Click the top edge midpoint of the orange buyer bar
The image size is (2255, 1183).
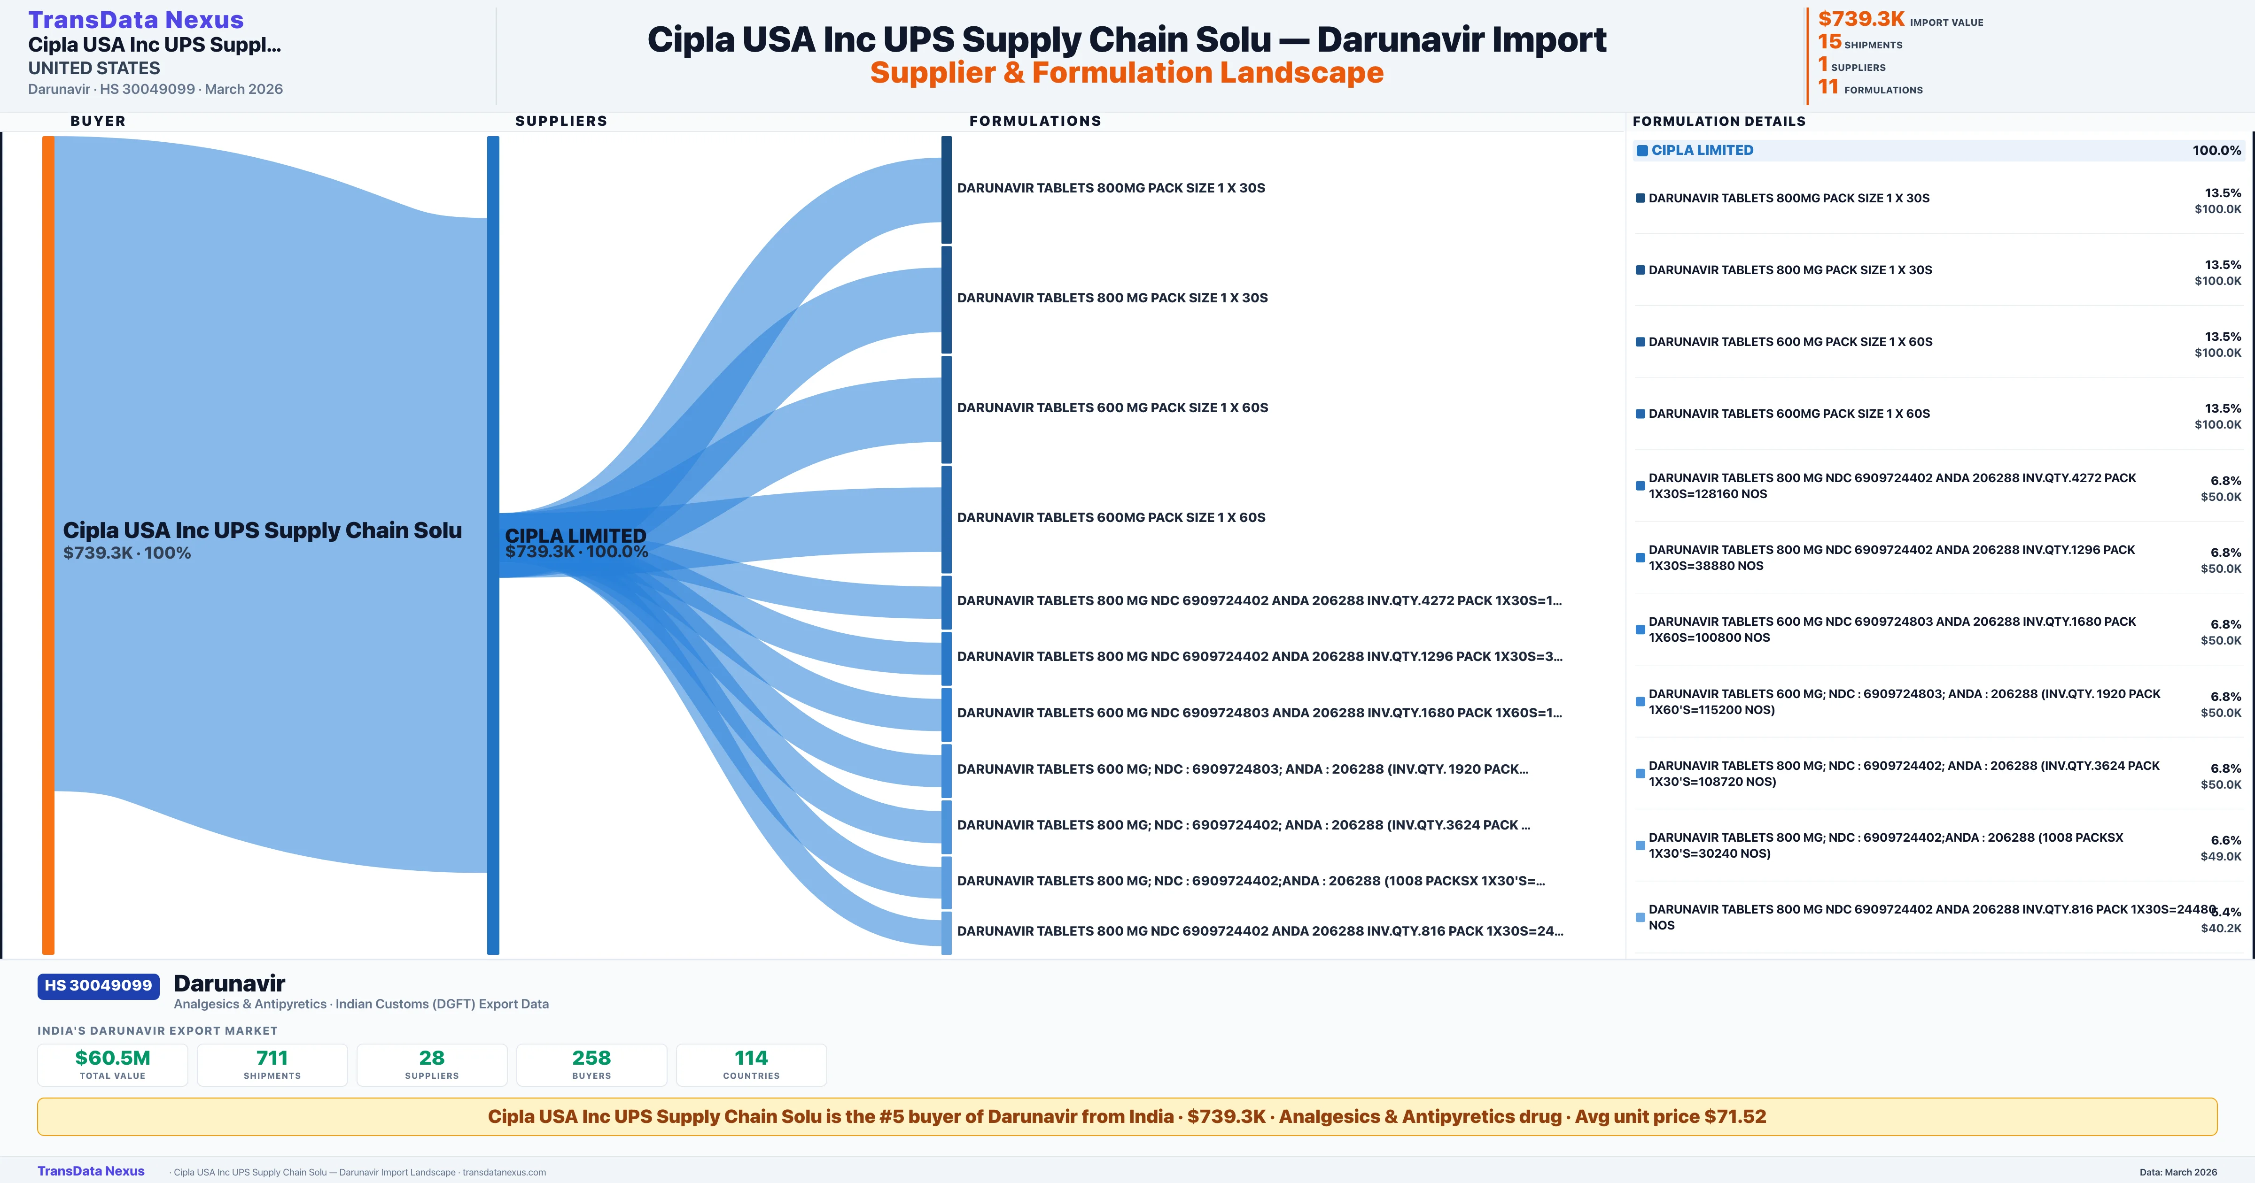pyautogui.click(x=48, y=137)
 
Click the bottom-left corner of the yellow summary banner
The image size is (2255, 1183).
pyautogui.click(x=38, y=1136)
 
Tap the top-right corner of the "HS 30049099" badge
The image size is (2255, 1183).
pyautogui.click(x=159, y=974)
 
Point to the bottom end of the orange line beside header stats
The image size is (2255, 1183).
pyautogui.click(x=1808, y=104)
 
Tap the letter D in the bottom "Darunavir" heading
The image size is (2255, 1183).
pyautogui.click(x=182, y=983)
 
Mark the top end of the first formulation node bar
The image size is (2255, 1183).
pyautogui.click(x=946, y=137)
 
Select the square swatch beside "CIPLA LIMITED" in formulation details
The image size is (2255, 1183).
pyautogui.click(x=1642, y=151)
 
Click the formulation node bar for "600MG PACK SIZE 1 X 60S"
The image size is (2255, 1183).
pyautogui.click(x=946, y=520)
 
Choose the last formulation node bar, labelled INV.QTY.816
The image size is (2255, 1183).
pyautogui.click(x=946, y=933)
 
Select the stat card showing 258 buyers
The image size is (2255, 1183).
pyautogui.click(x=592, y=1065)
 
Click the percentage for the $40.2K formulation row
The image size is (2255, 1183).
pyautogui.click(x=2226, y=912)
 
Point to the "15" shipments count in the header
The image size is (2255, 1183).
pyautogui.click(x=1829, y=41)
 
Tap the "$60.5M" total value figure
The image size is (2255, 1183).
pyautogui.click(x=113, y=1058)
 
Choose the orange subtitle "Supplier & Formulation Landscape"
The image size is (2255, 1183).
pyautogui.click(x=1127, y=73)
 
